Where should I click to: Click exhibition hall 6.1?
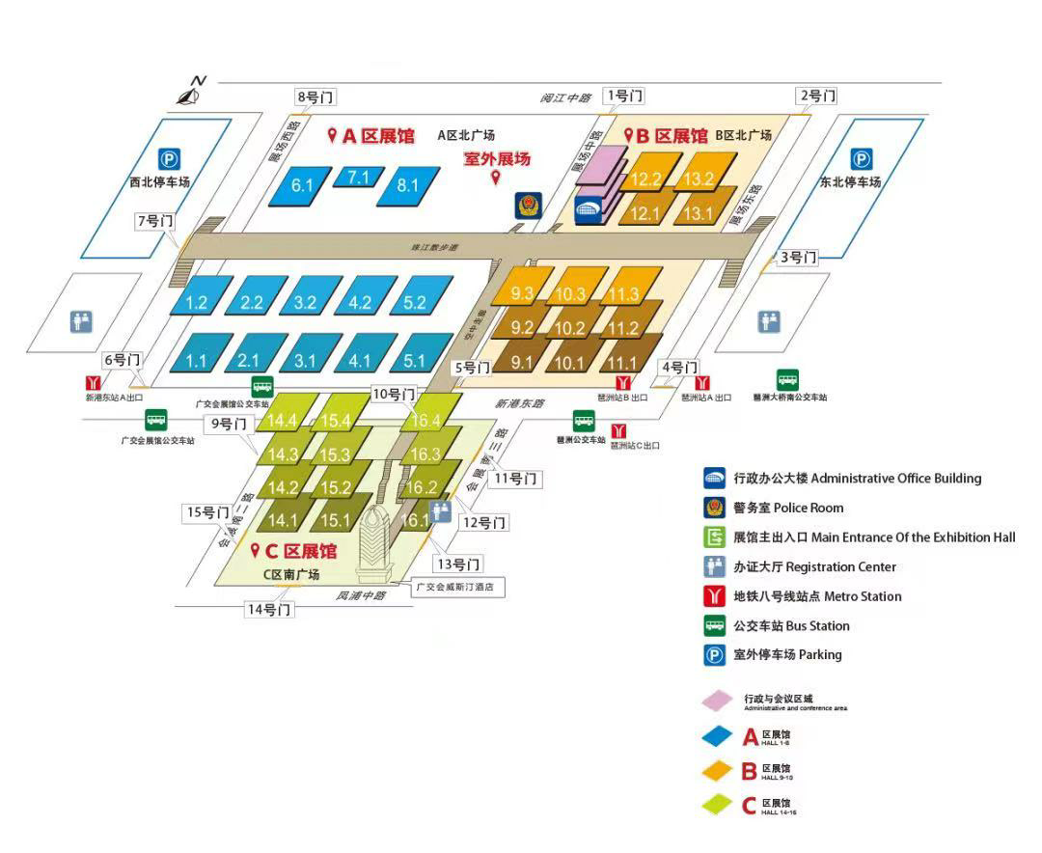pyautogui.click(x=302, y=185)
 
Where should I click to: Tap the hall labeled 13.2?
pyautogui.click(x=698, y=179)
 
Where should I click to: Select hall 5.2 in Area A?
pyautogui.click(x=415, y=302)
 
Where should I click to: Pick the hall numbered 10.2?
pyautogui.click(x=570, y=328)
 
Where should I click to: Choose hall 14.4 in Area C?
pyautogui.click(x=283, y=421)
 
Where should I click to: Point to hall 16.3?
pyautogui.click(x=425, y=454)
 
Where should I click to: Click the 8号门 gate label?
pyautogui.click(x=316, y=96)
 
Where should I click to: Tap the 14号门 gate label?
pyautogui.click(x=269, y=610)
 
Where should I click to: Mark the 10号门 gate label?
pyautogui.click(x=394, y=394)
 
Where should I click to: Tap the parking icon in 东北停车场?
pyautogui.click(x=862, y=160)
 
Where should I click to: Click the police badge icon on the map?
pyautogui.click(x=528, y=205)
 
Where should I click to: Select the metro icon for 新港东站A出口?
pyautogui.click(x=95, y=382)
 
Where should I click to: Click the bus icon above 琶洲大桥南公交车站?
pyautogui.click(x=788, y=380)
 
